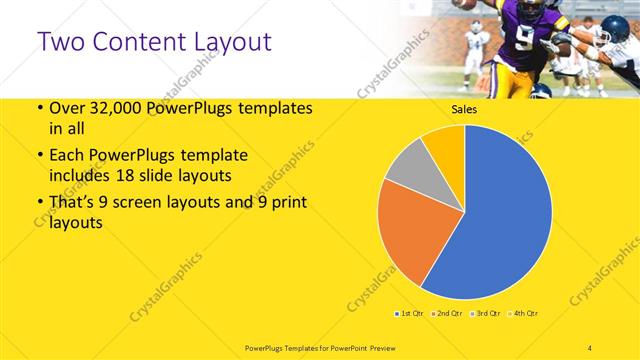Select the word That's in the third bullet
72,204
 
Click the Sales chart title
464,109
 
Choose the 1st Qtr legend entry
409,314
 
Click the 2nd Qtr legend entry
445,314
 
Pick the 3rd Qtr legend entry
485,314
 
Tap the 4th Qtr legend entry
524,314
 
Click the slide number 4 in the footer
590,347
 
